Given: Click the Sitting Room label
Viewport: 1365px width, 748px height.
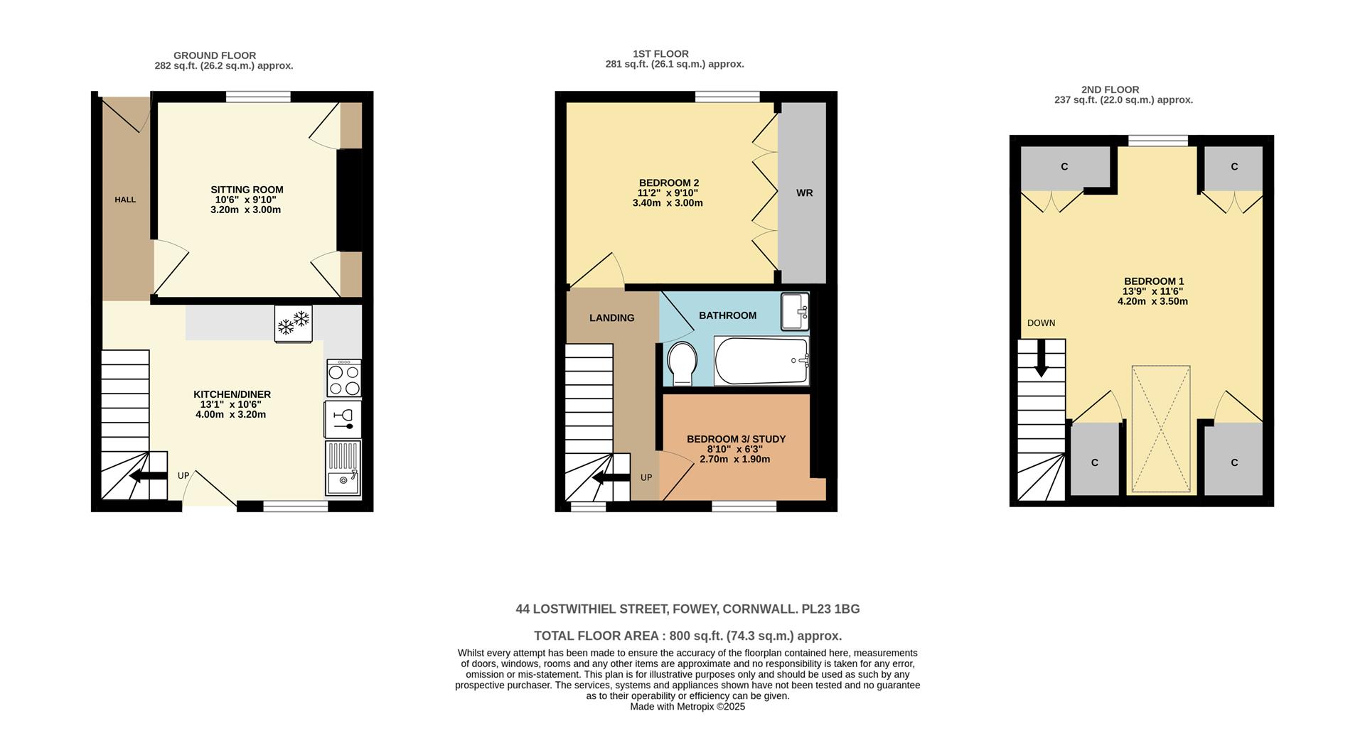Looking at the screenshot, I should pyautogui.click(x=247, y=190).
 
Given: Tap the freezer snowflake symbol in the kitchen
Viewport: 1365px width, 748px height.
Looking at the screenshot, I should pyautogui.click(x=294, y=322).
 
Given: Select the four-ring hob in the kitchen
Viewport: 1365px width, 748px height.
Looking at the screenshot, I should pyautogui.click(x=344, y=379).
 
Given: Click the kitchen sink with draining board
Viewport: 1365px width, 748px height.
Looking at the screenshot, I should pyautogui.click(x=343, y=467).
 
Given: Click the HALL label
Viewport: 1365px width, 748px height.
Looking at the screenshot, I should pyautogui.click(x=125, y=200).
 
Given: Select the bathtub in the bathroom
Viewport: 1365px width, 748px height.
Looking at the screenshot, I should pyautogui.click(x=761, y=361).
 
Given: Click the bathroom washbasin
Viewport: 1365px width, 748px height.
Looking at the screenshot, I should pyautogui.click(x=795, y=311).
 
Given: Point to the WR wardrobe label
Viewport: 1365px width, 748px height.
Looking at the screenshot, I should pyautogui.click(x=804, y=193).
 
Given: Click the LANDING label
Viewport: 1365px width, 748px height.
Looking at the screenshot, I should pyautogui.click(x=611, y=318).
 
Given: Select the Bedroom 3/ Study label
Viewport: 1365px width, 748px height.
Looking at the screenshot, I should pyautogui.click(x=736, y=439).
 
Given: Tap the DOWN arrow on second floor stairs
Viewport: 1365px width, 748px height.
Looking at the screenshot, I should pyautogui.click(x=1042, y=359).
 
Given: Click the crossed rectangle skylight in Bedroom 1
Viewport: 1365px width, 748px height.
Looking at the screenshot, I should pyautogui.click(x=1160, y=428).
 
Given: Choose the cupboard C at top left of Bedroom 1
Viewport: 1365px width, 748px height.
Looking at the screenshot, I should pyautogui.click(x=1064, y=167).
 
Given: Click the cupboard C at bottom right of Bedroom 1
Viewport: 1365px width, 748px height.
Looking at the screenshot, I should pyautogui.click(x=1234, y=462).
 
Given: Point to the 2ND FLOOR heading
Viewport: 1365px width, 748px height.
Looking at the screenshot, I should pyautogui.click(x=1110, y=90).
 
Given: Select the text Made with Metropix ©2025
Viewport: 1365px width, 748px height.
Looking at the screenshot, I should pyautogui.click(x=687, y=707).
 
